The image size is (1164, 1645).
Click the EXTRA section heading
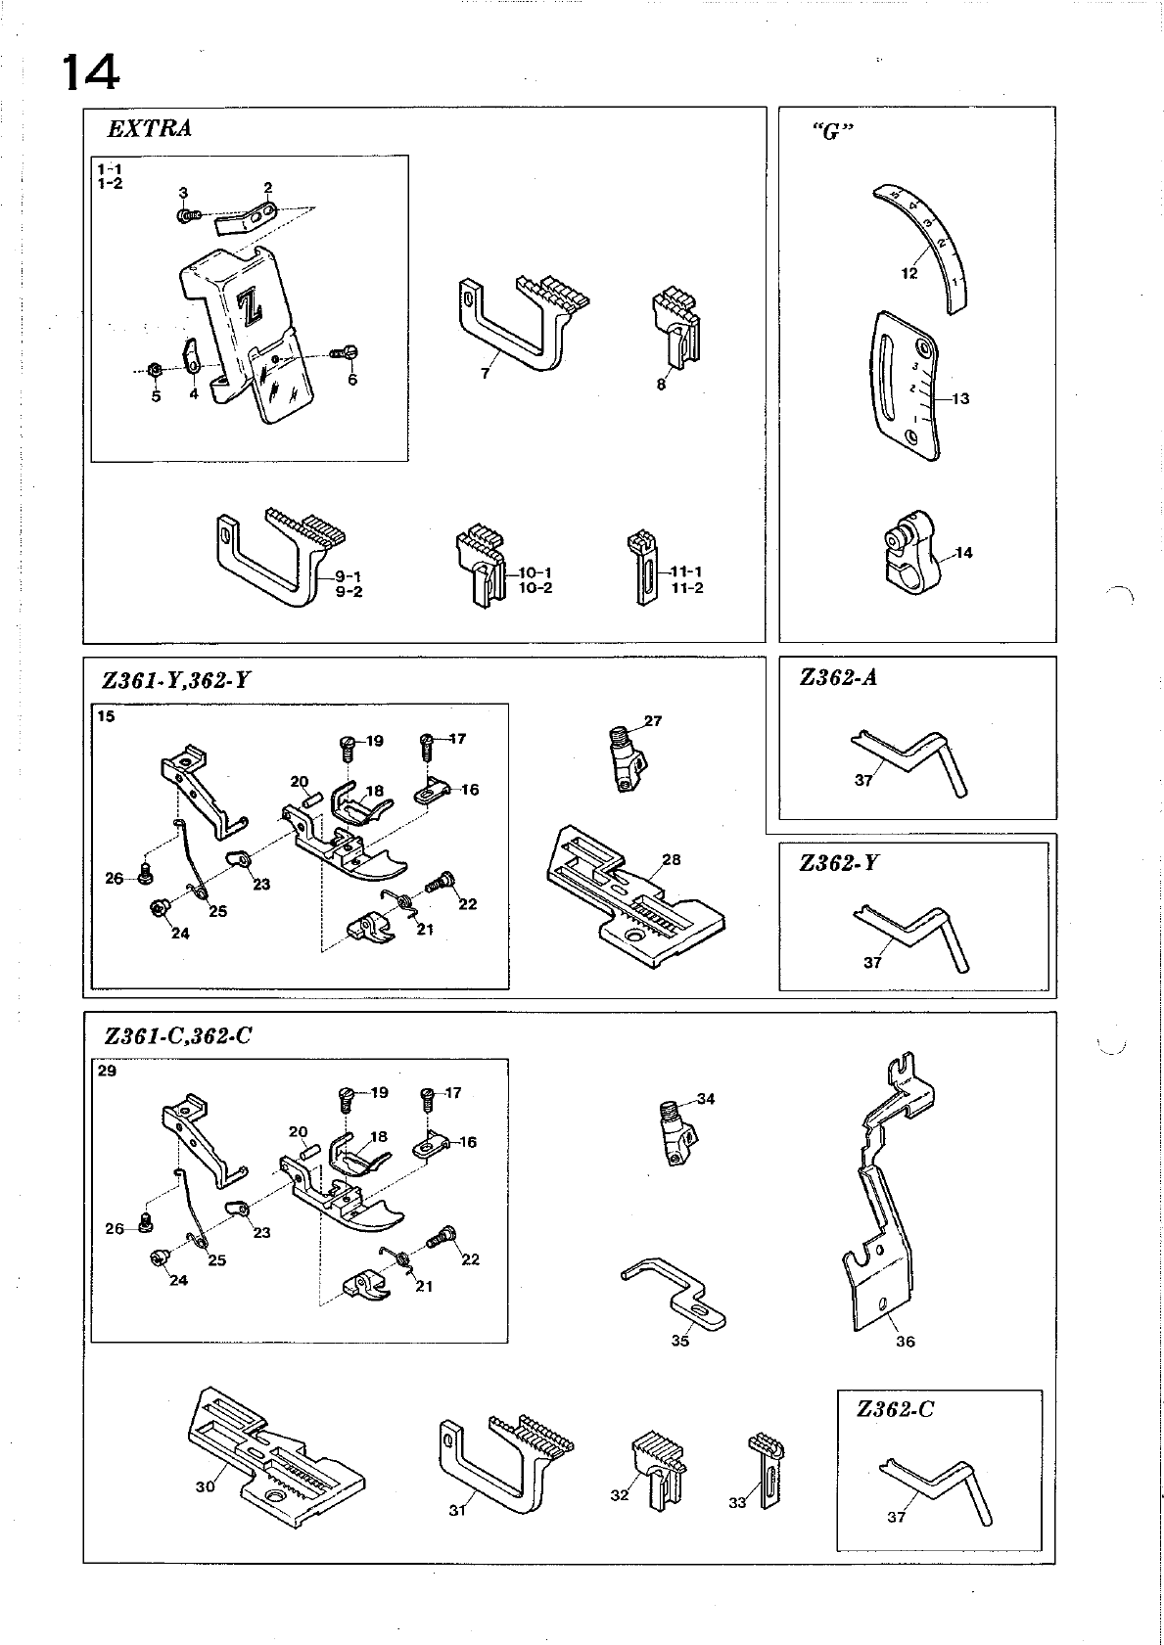pos(149,128)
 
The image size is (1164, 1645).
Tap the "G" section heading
pos(831,133)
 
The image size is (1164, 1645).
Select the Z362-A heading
pos(838,677)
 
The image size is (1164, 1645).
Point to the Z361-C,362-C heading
pos(178,1035)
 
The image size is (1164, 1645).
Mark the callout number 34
pos(705,1099)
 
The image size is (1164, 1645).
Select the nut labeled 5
pos(154,370)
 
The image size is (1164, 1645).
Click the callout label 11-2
pos(687,588)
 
